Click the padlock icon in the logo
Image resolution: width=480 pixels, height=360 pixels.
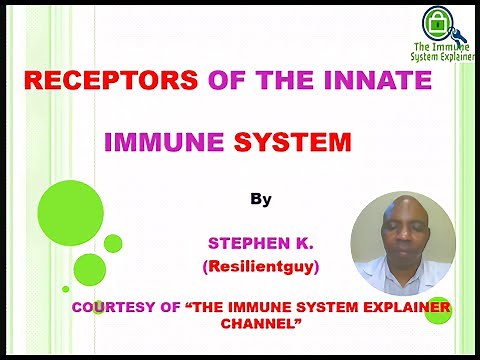click(435, 21)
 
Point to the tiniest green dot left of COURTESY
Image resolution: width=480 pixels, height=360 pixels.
click(66, 289)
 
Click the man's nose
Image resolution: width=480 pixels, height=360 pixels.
click(404, 241)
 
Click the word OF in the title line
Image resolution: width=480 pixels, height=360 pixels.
click(206, 81)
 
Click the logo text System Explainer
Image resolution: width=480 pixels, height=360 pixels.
click(443, 57)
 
